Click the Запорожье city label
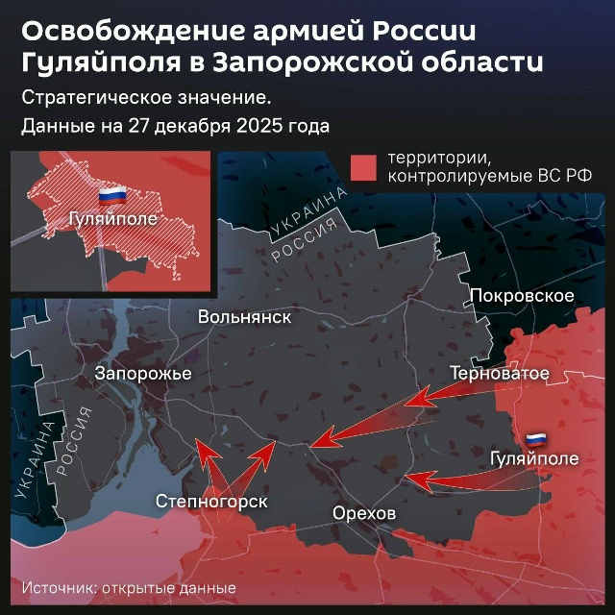pyautogui.click(x=143, y=373)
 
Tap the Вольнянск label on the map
pyautogui.click(x=244, y=317)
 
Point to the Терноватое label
pyautogui.click(x=500, y=373)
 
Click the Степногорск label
pyautogui.click(x=211, y=501)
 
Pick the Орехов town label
pyautogui.click(x=363, y=513)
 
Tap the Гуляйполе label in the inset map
pyautogui.click(x=111, y=219)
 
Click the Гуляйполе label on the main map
pyautogui.click(x=534, y=458)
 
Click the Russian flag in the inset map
pyautogui.click(x=113, y=196)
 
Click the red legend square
pyautogui.click(x=363, y=167)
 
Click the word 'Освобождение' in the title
pyautogui.click(x=125, y=32)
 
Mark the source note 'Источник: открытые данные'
pyautogui.click(x=129, y=587)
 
